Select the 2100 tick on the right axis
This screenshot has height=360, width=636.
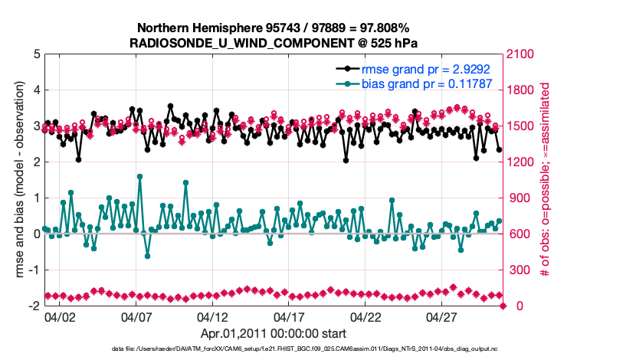tap(523, 54)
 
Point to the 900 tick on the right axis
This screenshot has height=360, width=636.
tap(520, 198)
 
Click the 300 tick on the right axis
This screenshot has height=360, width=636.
tap(520, 270)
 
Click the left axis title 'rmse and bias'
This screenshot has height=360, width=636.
tap(17, 180)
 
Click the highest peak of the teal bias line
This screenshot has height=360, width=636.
tap(139, 176)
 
